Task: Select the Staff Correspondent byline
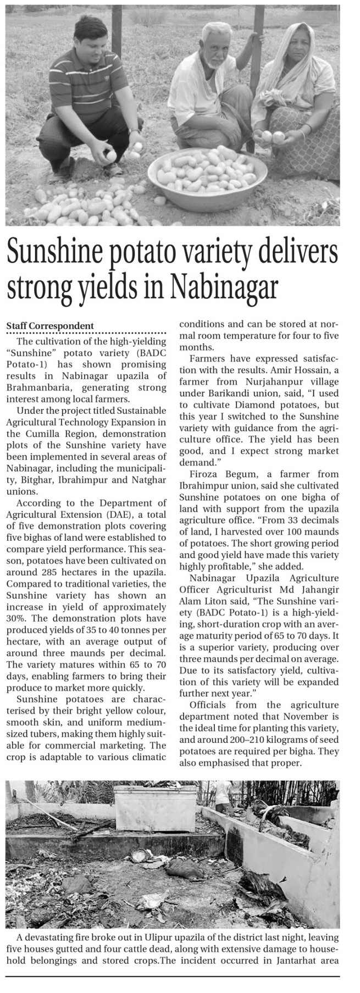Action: point(49,326)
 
